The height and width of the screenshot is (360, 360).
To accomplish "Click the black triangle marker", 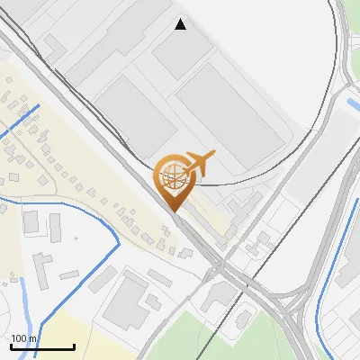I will tap(181, 24).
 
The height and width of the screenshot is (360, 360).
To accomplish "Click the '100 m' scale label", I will tap(24, 338).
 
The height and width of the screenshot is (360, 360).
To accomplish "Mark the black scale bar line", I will tap(42, 346).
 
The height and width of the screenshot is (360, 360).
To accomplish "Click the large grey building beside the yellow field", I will tap(126, 301).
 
